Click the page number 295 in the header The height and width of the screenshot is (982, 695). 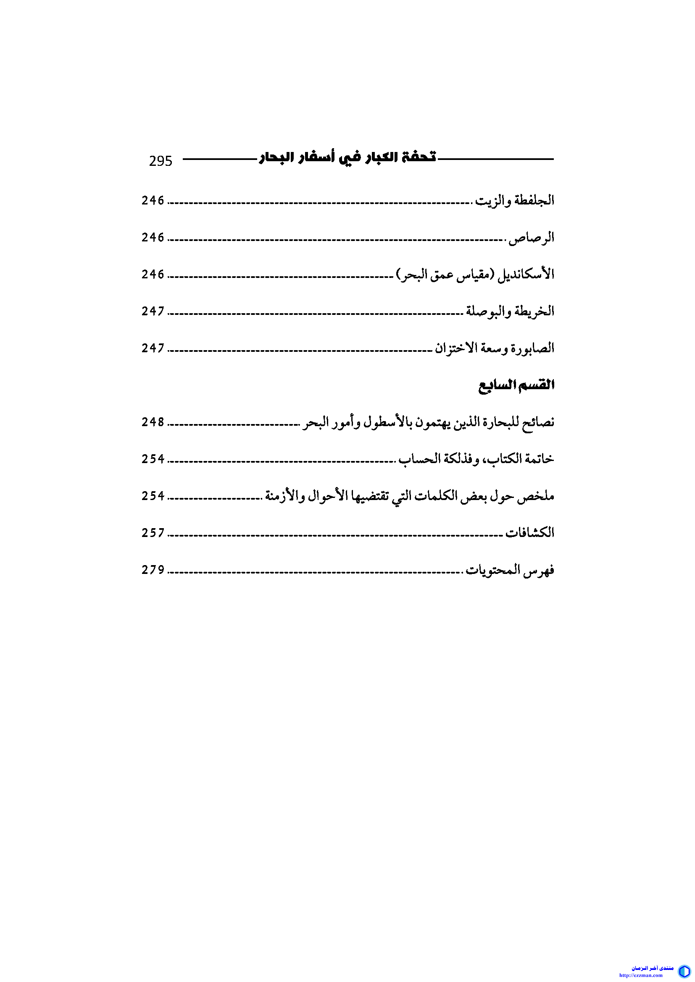tap(161, 161)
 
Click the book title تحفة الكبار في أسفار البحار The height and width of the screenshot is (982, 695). tap(347, 157)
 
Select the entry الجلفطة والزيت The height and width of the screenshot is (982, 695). tap(514, 201)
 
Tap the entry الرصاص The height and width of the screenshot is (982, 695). tap(531, 237)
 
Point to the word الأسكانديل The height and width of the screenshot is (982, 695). tap(526, 274)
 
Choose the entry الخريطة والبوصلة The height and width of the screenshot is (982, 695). tap(510, 312)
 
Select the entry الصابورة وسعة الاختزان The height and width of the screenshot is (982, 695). tap(494, 348)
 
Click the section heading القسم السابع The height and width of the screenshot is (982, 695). tap(516, 385)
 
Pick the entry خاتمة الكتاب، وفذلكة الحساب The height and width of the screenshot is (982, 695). tap(476, 459)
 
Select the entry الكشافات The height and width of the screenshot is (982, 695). tap(529, 533)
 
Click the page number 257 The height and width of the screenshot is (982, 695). tap(153, 533)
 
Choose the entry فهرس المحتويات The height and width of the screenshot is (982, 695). tap(510, 570)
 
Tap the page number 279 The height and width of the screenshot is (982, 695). tap(153, 570)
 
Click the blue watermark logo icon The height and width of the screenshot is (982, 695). tap(684, 970)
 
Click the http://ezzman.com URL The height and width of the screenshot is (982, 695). tap(641, 975)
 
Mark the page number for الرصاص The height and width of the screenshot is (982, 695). tap(153, 237)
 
